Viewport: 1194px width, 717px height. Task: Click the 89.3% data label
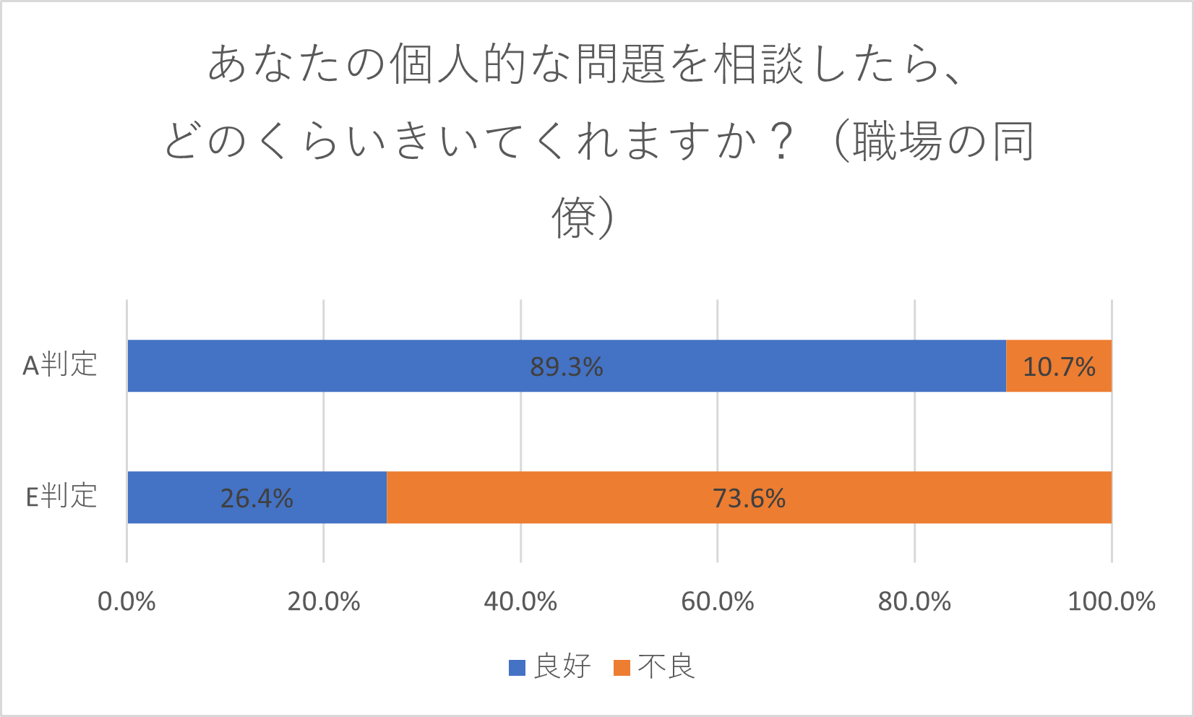(567, 367)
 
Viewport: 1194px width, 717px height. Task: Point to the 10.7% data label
(1059, 367)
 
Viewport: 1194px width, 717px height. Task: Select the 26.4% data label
(257, 499)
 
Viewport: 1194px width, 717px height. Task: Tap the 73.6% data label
(749, 499)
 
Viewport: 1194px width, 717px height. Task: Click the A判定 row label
(60, 365)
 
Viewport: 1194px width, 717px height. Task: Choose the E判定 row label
(61, 497)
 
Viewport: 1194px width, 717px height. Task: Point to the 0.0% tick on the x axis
(126, 601)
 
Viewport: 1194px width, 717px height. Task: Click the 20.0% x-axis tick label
(324, 601)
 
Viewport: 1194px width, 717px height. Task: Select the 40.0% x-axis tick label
(520, 601)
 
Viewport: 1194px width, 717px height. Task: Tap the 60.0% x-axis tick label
(718, 601)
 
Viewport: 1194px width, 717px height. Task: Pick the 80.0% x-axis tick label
(914, 601)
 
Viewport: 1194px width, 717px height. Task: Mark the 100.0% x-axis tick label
(1112, 601)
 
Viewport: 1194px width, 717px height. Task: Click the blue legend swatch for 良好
(517, 667)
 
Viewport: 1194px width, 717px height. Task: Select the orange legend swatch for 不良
(622, 667)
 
